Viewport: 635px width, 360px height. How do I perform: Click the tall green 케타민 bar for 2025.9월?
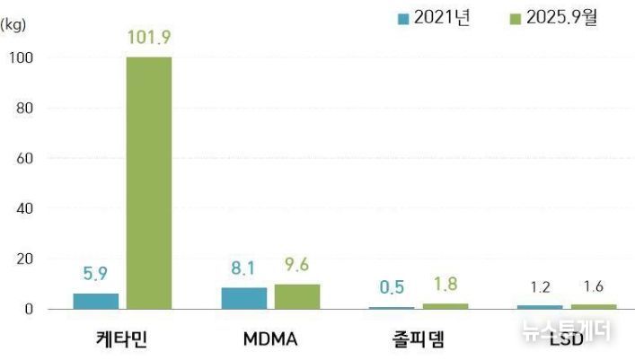148,183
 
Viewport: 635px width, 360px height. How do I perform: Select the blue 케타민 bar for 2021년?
95,301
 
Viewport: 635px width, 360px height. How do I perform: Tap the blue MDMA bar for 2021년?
244,298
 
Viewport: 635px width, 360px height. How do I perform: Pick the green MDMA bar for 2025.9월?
297,297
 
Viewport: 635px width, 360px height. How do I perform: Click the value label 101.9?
149,38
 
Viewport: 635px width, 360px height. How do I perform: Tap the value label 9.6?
297,265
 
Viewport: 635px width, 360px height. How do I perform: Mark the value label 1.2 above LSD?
540,288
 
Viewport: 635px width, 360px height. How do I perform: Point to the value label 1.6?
594,288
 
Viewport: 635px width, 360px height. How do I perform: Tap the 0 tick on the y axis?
28,309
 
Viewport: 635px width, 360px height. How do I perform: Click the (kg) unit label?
13,24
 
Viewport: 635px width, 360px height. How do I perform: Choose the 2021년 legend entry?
432,18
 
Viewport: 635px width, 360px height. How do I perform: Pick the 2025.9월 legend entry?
551,18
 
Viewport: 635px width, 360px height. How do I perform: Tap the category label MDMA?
270,340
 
